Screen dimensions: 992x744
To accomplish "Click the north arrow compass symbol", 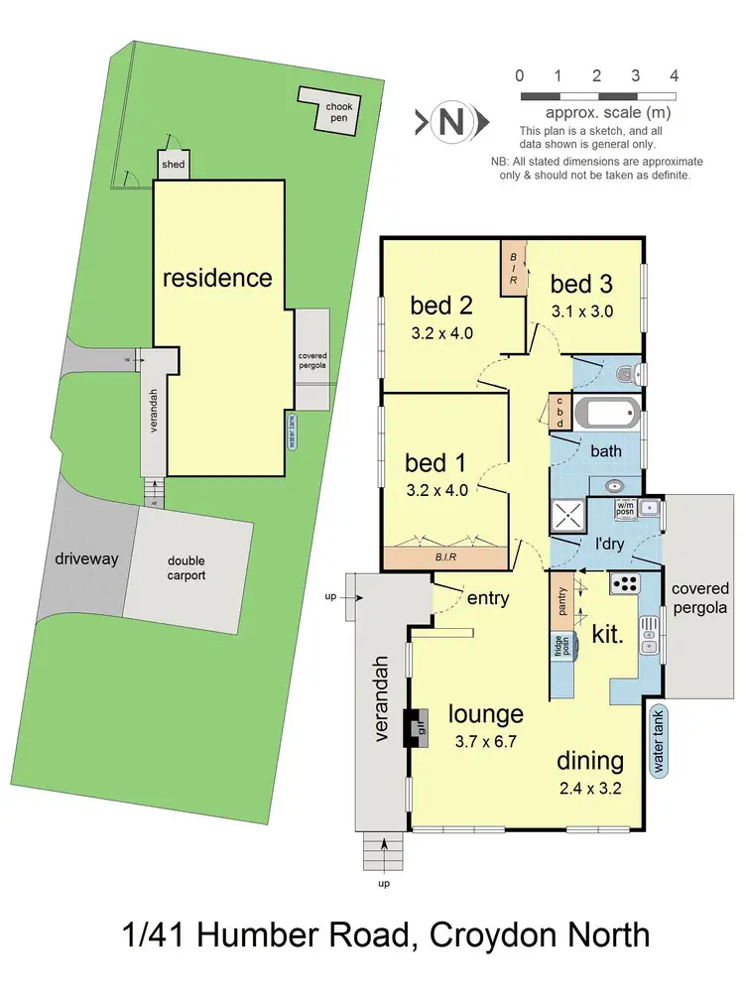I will point(451,122).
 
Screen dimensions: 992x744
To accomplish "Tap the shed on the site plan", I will point(173,165).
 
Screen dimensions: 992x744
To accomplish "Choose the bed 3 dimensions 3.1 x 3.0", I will point(582,310).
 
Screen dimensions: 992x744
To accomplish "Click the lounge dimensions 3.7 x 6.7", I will point(485,739).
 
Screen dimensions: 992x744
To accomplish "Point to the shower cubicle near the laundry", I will point(569,517).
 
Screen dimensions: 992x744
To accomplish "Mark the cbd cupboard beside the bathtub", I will point(559,412).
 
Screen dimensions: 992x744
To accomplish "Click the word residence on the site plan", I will point(216,277).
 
